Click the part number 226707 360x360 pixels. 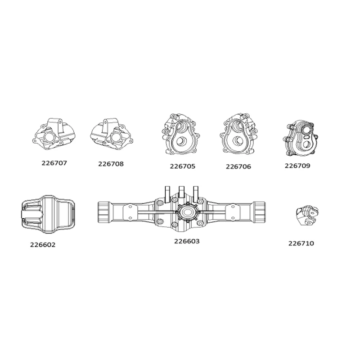pos(54,163)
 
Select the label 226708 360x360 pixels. pos(111,164)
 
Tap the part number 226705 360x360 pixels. pos(183,166)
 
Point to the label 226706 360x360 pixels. pos(238,166)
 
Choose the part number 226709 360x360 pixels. pos(297,166)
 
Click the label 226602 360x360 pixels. pos(43,245)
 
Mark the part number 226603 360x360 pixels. pos(187,241)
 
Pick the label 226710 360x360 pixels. pos(301,243)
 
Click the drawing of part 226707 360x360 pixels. pos(54,134)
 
